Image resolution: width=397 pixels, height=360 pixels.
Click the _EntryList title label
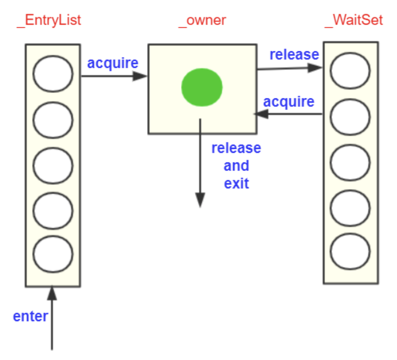(49, 20)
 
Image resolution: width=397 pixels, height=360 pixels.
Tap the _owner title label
(202, 20)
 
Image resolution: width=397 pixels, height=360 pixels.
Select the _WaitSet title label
(353, 20)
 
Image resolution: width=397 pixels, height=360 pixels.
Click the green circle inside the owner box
(202, 87)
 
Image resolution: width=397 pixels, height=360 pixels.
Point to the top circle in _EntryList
(53, 74)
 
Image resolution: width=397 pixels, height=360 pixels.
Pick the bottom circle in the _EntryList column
(53, 254)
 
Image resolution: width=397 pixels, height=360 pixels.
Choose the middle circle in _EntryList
(53, 165)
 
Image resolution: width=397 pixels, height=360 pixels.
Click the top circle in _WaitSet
(350, 71)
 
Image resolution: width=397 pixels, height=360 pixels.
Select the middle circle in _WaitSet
(350, 162)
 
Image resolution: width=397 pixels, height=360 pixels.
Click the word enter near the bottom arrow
(30, 316)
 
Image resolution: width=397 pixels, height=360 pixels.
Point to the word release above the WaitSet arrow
(294, 55)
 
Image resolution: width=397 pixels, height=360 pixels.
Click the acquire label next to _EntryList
(113, 63)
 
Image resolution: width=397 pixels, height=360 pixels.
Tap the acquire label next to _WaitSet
(289, 102)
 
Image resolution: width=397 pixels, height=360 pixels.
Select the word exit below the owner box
(236, 184)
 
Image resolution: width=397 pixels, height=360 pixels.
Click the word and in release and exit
(236, 166)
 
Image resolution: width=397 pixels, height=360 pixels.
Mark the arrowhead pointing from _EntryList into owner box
(140, 76)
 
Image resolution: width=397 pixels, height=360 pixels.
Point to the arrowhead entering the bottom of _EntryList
(52, 293)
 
